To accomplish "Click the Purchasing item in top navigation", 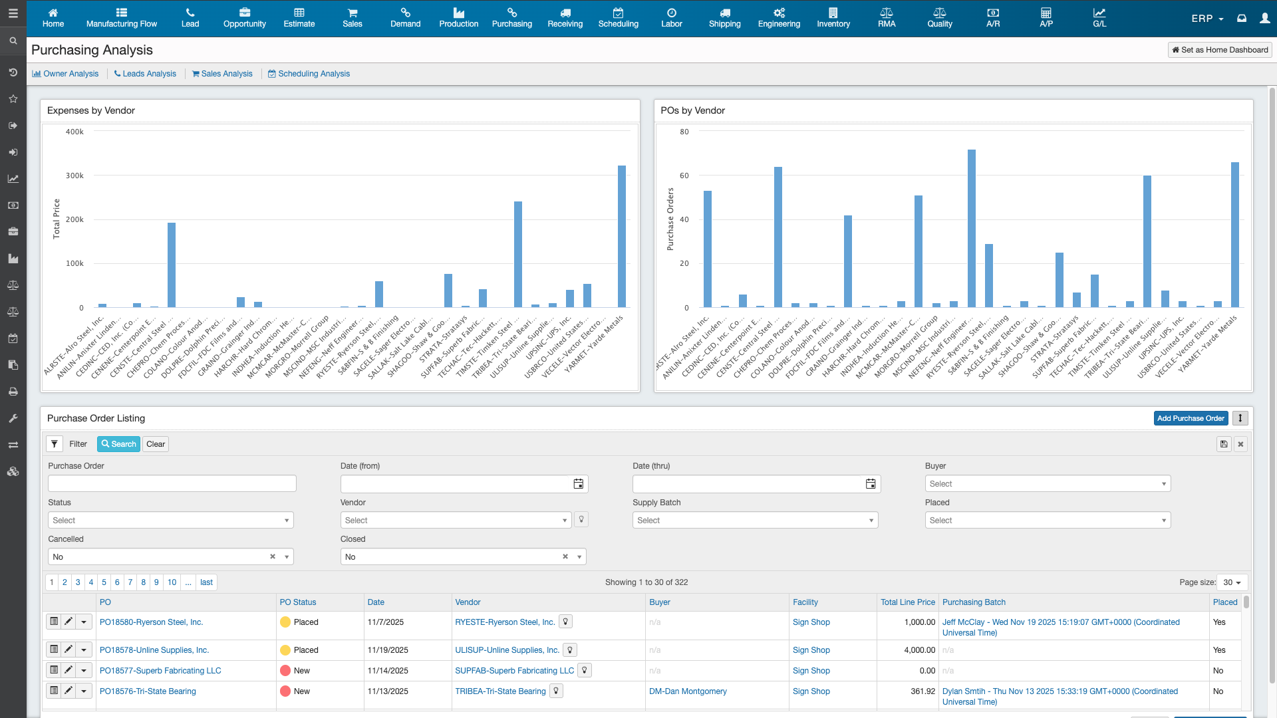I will tap(511, 18).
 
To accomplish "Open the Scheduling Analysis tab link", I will tap(309, 74).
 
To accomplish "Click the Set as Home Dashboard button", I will tap(1220, 50).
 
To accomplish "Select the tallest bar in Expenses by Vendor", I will tap(622, 236).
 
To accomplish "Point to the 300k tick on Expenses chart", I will tap(74, 176).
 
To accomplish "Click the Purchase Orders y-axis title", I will tap(670, 219).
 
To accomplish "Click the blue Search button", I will tap(118, 444).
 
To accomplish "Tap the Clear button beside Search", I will tap(156, 444).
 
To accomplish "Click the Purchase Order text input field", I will tap(172, 484).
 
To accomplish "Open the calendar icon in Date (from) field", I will tap(579, 484).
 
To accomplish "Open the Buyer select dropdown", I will tap(1048, 484).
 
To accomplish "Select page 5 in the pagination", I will tap(104, 582).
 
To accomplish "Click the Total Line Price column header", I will tap(907, 602).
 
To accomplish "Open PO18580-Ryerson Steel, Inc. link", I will tap(151, 622).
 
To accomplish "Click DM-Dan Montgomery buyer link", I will tap(688, 691).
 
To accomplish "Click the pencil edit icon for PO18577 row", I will tap(69, 670).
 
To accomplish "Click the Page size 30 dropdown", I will tap(1232, 582).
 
